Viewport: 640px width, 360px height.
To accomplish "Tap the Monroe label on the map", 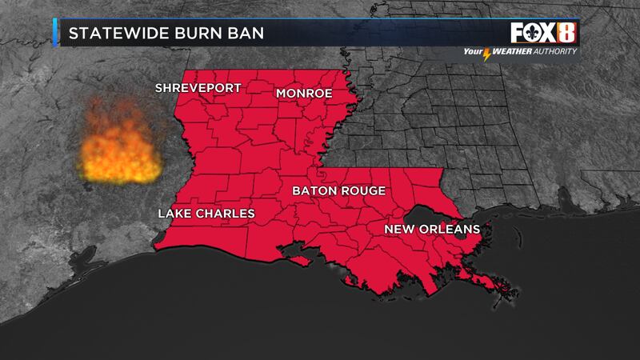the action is (x=303, y=94).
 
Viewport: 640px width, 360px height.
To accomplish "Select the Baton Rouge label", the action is (x=338, y=191).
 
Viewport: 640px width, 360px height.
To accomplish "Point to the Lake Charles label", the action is (x=206, y=214).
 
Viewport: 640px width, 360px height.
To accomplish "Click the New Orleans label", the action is (x=431, y=230).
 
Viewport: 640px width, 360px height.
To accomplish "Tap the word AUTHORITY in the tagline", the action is (x=557, y=53).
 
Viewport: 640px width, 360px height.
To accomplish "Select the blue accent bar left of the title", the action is (x=54, y=34).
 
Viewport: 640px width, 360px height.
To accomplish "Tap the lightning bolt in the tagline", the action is (x=489, y=54).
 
